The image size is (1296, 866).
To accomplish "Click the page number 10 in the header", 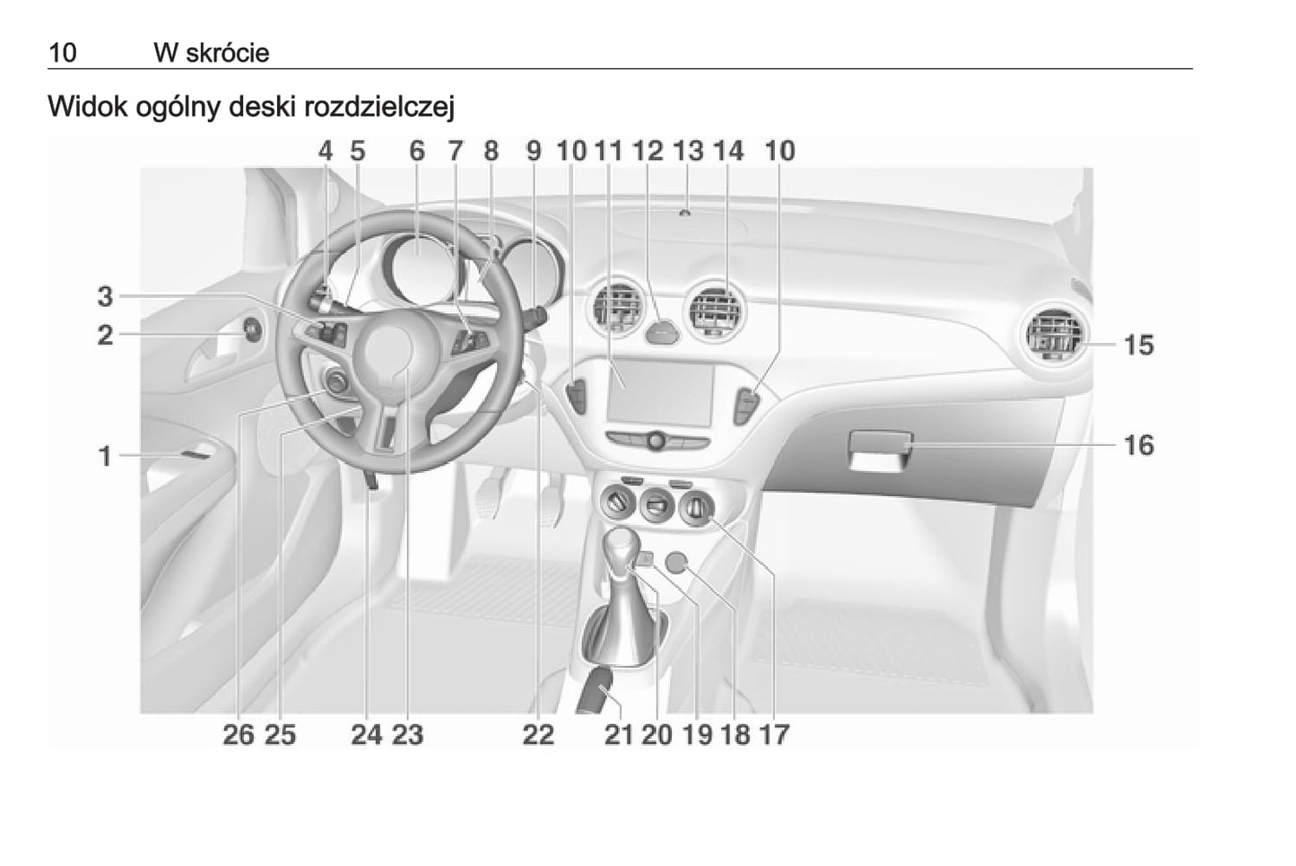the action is click(63, 53).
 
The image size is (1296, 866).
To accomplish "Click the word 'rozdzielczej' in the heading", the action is click(378, 107).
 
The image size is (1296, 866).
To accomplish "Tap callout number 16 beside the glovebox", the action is click(1138, 445).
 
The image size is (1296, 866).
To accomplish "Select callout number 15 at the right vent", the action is click(1138, 345).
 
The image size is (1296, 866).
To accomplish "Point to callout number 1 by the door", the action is click(105, 456).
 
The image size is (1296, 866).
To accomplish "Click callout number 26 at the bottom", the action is click(239, 735).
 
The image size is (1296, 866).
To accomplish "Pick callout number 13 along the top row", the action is click(688, 151).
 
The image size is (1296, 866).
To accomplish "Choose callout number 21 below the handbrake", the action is click(618, 735).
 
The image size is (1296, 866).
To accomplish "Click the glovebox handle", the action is click(880, 443).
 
